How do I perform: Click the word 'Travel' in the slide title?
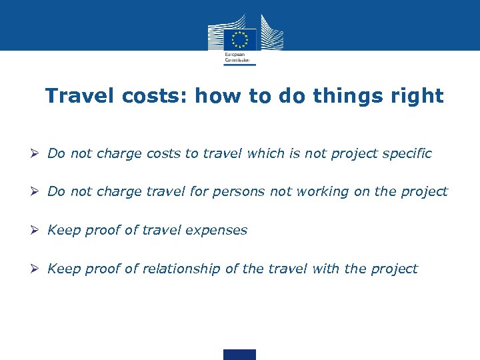click(81, 96)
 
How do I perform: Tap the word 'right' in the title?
click(417, 96)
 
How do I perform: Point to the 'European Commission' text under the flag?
click(236, 57)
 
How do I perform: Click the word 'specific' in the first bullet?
click(407, 153)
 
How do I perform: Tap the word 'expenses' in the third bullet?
click(219, 230)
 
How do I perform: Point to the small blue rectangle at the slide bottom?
click(239, 355)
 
